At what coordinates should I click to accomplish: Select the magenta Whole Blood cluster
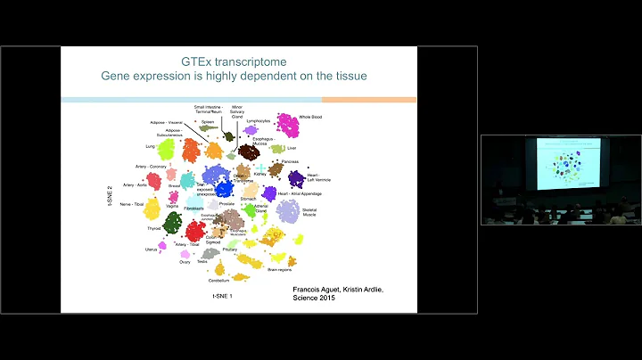(287, 124)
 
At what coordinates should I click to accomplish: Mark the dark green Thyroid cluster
(173, 224)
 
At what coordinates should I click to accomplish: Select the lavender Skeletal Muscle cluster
(287, 210)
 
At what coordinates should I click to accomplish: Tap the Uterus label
(151, 250)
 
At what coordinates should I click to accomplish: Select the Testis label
(202, 262)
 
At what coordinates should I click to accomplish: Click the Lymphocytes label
(258, 120)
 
